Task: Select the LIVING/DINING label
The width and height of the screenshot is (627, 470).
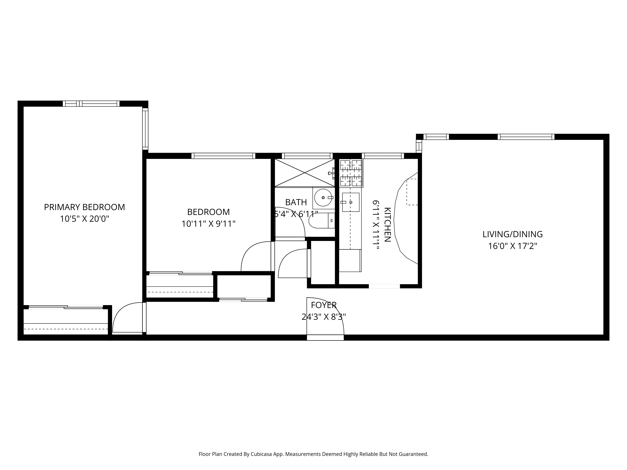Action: [512, 234]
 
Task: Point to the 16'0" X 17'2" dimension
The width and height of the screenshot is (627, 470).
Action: [512, 246]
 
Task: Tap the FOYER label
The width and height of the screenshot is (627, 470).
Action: [324, 305]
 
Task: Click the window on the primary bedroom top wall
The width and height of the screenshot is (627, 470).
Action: [91, 104]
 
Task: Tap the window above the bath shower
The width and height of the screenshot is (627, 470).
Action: [307, 156]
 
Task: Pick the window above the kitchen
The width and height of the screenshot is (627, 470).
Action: [383, 156]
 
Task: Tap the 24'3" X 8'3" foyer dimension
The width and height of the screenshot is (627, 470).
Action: [324, 317]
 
